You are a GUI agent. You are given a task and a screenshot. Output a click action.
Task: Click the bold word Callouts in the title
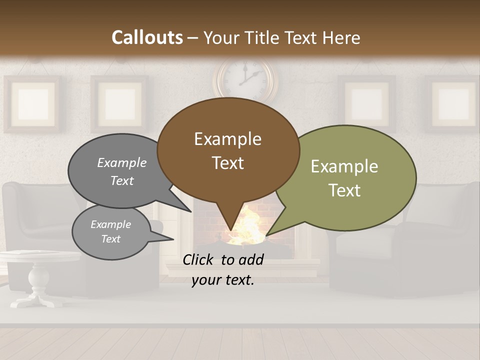[147, 37]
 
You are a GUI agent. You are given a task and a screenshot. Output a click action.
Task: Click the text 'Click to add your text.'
[223, 269]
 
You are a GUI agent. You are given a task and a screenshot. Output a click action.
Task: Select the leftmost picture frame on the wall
[33, 103]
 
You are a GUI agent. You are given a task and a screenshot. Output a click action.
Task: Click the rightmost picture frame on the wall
[453, 103]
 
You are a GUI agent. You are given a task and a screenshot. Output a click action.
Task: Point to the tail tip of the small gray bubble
[173, 238]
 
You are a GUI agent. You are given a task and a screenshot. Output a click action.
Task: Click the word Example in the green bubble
[344, 166]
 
